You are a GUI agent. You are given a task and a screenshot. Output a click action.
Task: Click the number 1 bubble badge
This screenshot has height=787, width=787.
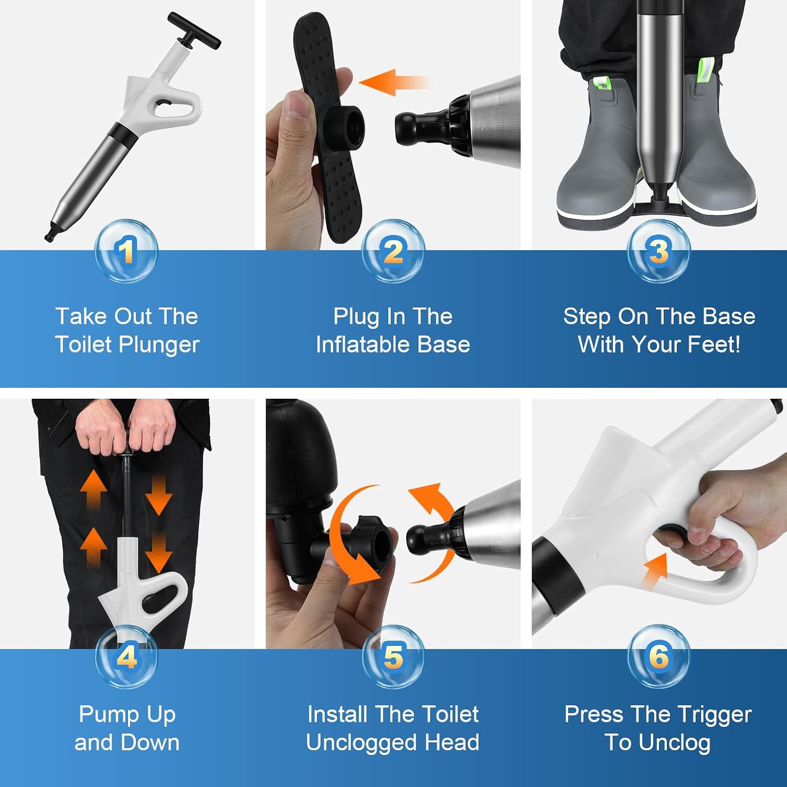[x=126, y=251]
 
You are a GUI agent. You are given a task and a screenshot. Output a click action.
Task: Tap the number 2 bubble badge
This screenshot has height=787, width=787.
[x=393, y=251]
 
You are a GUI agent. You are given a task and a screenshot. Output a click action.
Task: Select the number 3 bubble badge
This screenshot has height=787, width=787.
[x=658, y=251]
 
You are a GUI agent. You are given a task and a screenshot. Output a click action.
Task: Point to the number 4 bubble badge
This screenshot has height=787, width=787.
[x=126, y=656]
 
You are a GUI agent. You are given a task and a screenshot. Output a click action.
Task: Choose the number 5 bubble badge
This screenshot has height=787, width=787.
[x=393, y=656]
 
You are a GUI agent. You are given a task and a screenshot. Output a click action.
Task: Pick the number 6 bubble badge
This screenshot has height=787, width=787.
[x=658, y=656]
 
